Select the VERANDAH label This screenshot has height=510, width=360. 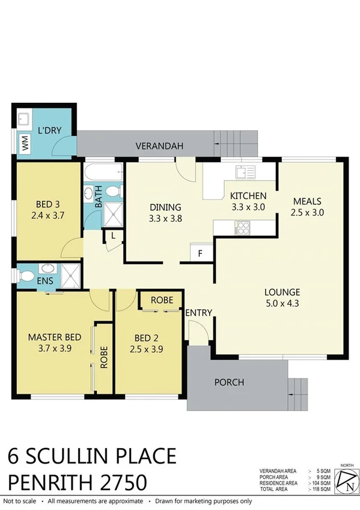tap(159, 146)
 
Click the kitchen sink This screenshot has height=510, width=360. tap(246, 172)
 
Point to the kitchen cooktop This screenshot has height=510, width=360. tap(244, 227)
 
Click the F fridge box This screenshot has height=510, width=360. tap(201, 253)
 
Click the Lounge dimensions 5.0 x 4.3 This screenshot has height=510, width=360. tap(282, 304)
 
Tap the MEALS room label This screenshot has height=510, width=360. tap(307, 201)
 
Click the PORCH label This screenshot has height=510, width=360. tap(230, 382)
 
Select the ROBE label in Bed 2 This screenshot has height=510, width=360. tap(162, 300)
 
